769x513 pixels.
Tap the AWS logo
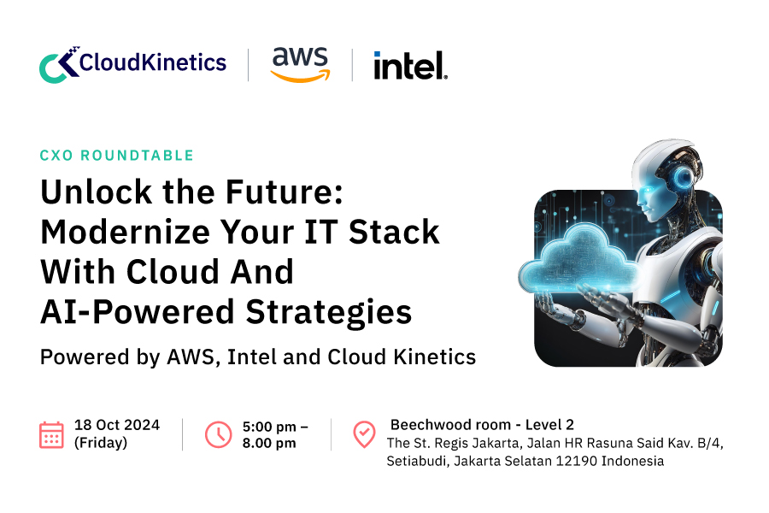click(299, 64)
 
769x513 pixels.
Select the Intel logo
click(410, 65)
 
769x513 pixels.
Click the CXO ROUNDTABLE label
click(117, 156)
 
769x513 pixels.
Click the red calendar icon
click(51, 434)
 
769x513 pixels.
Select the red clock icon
click(218, 434)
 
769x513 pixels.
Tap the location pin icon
click(364, 434)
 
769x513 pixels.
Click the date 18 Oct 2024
click(117, 425)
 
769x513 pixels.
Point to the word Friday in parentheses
click(101, 443)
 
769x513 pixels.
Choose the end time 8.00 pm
click(269, 443)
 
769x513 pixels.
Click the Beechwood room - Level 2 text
click(483, 425)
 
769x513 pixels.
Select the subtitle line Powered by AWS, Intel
click(257, 357)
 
